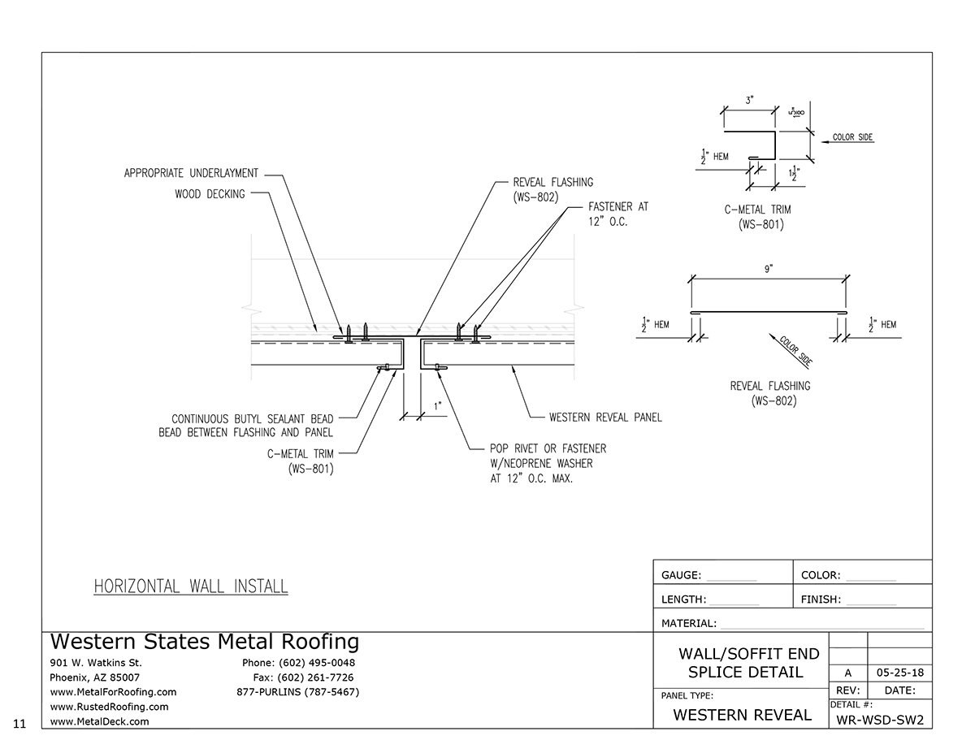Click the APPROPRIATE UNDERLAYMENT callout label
[191, 173]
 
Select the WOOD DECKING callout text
[210, 194]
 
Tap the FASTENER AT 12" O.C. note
[618, 214]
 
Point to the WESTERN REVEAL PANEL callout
[605, 418]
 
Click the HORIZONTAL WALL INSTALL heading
[191, 586]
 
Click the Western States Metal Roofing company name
[204, 642]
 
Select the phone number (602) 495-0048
[298, 663]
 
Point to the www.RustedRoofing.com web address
[110, 707]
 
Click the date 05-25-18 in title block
[899, 673]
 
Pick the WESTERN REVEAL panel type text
[742, 715]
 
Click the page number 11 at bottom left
[19, 722]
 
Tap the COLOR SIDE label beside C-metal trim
[852, 137]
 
